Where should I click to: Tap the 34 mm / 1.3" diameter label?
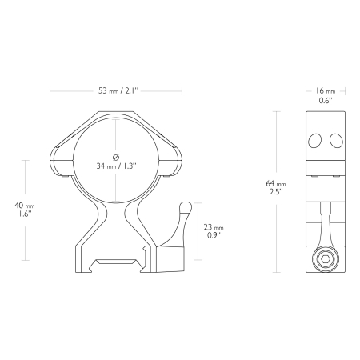(116, 166)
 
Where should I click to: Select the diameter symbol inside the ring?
(116, 158)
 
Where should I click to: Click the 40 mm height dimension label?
(25, 206)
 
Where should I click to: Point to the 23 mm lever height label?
(214, 227)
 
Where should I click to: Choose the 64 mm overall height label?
(276, 184)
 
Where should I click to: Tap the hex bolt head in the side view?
(326, 258)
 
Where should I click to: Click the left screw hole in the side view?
(314, 140)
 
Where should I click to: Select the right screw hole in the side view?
(336, 140)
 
